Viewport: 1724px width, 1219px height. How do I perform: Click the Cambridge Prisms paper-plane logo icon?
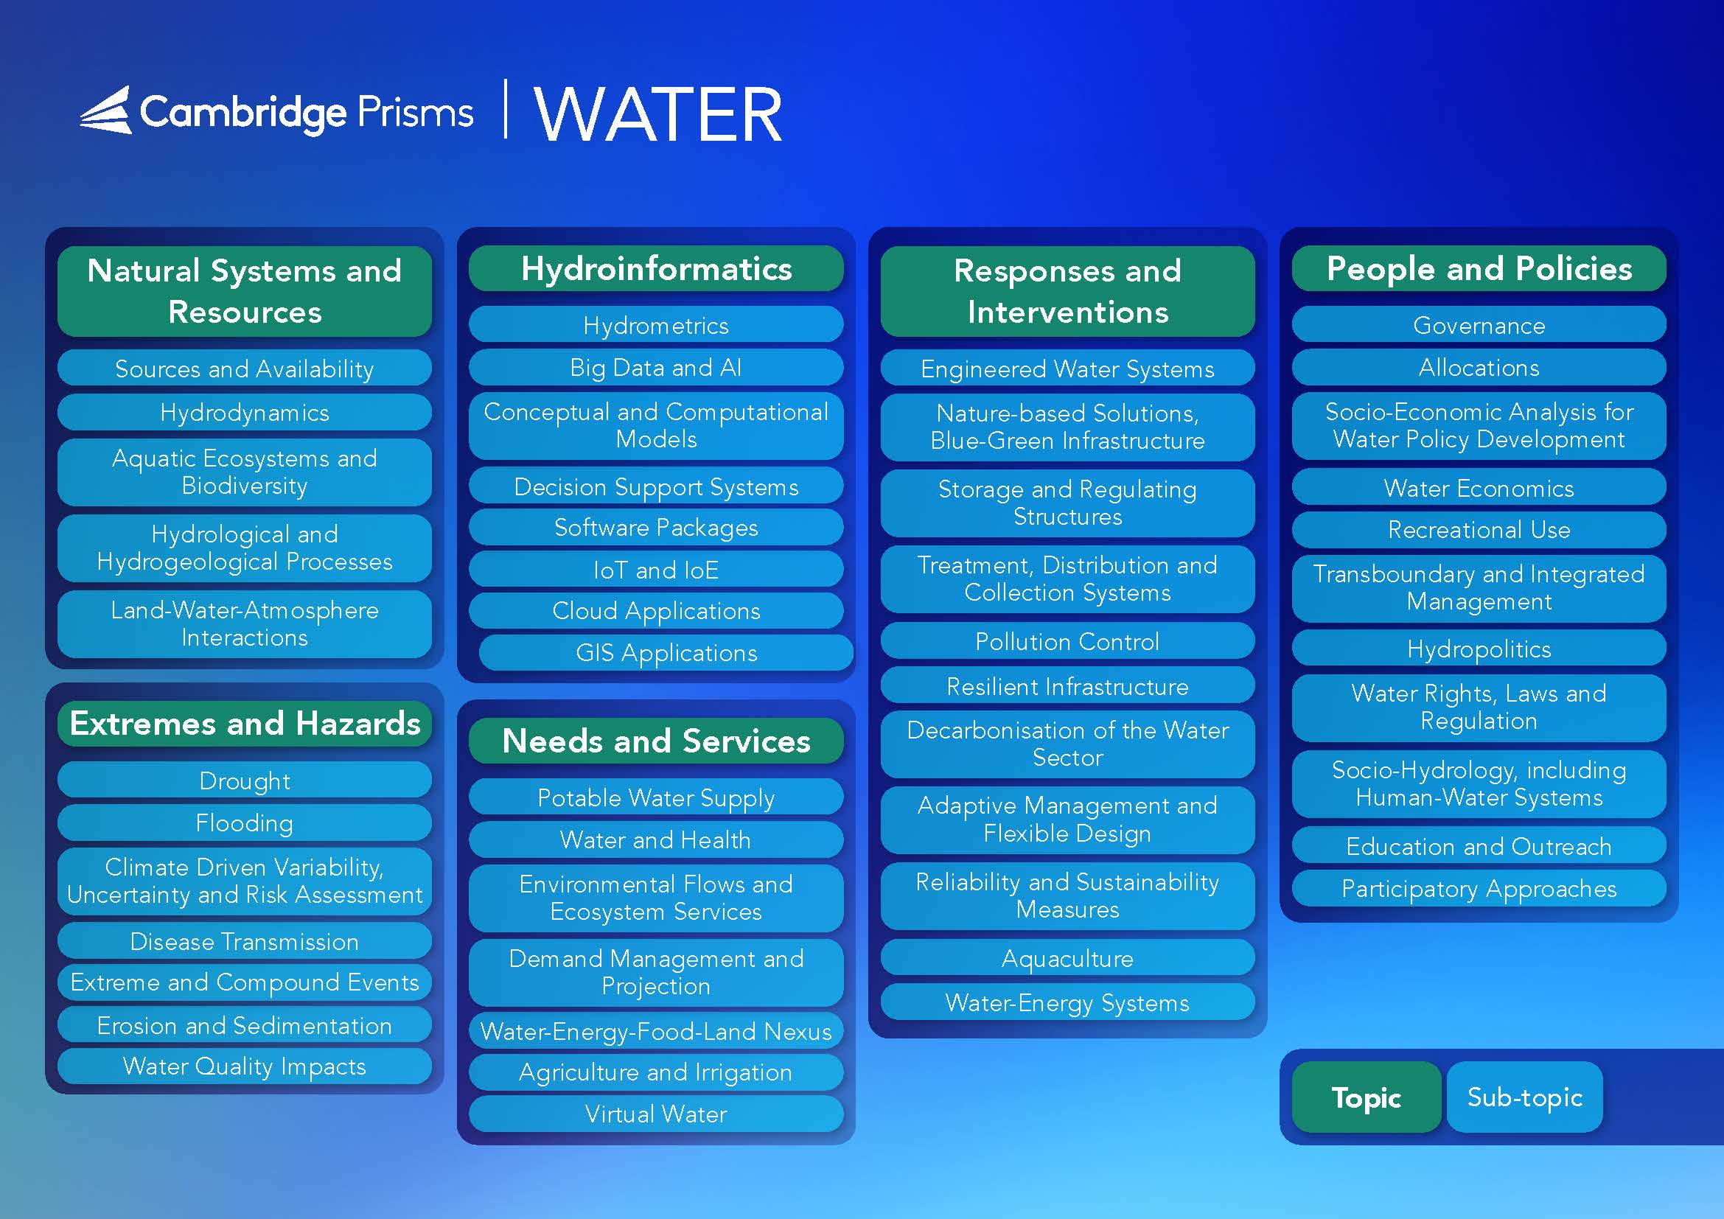pos(106,111)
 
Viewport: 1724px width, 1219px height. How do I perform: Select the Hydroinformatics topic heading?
pos(656,269)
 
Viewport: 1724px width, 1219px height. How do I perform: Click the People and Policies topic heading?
pos(1479,269)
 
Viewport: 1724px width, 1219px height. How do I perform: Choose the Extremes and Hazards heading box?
pos(245,724)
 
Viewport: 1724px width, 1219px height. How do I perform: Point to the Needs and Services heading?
pos(656,741)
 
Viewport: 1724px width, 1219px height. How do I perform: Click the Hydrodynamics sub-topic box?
pos(245,412)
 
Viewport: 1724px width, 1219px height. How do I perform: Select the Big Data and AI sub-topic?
pos(656,367)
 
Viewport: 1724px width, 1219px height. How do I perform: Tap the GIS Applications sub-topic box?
pos(666,652)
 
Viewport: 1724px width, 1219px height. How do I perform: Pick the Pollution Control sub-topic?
pos(1068,641)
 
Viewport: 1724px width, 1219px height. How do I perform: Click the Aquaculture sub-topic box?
pos(1068,958)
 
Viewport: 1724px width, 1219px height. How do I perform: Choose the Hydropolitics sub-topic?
pos(1479,649)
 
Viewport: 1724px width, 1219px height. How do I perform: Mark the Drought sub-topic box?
pos(245,780)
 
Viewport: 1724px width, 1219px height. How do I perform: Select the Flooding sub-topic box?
pos(245,822)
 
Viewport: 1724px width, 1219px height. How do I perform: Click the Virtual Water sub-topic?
pos(656,1114)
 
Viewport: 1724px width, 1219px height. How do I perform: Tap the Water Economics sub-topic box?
pos(1479,488)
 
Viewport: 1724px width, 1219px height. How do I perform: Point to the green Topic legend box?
pos(1367,1097)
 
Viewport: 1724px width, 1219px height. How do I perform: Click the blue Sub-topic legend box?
pos(1525,1097)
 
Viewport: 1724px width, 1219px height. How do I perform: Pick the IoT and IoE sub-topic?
pos(656,570)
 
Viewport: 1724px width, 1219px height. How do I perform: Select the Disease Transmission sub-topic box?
pos(245,941)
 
